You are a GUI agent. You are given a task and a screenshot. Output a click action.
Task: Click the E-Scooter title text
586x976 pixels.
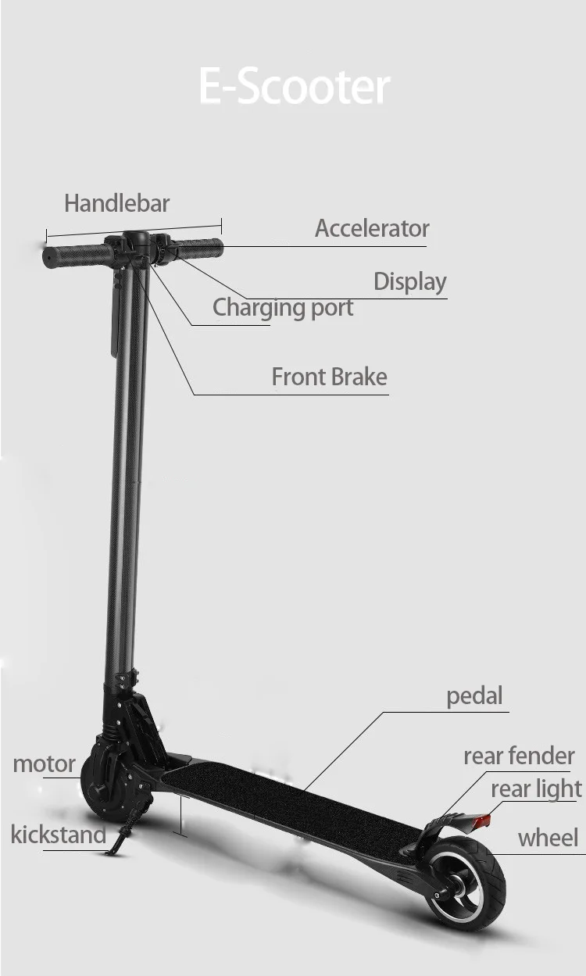coord(295,86)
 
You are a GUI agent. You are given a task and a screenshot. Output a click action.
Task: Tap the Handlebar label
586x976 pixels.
coord(116,203)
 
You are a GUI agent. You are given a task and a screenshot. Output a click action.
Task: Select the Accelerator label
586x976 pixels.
coord(372,228)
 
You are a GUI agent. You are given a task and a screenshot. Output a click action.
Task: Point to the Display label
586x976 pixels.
coord(410,282)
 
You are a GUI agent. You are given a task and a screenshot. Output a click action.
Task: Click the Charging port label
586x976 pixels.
coord(283,308)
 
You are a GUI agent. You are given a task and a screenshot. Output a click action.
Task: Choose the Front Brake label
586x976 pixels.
coord(330,377)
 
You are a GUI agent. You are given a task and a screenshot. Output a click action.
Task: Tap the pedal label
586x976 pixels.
coord(474,697)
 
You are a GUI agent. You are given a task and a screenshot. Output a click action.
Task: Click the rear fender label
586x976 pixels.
coord(519,756)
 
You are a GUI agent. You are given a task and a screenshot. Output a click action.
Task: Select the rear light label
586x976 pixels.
coord(536,789)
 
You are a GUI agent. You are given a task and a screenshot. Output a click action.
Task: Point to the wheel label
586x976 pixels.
coord(548,838)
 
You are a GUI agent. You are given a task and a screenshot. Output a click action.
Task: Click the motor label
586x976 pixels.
coord(44,764)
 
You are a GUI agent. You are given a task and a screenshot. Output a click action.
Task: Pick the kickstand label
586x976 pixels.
coord(59,835)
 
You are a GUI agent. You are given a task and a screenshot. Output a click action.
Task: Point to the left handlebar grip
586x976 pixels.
coord(77,256)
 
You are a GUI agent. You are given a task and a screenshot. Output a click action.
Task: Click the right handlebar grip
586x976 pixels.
coord(199,248)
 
